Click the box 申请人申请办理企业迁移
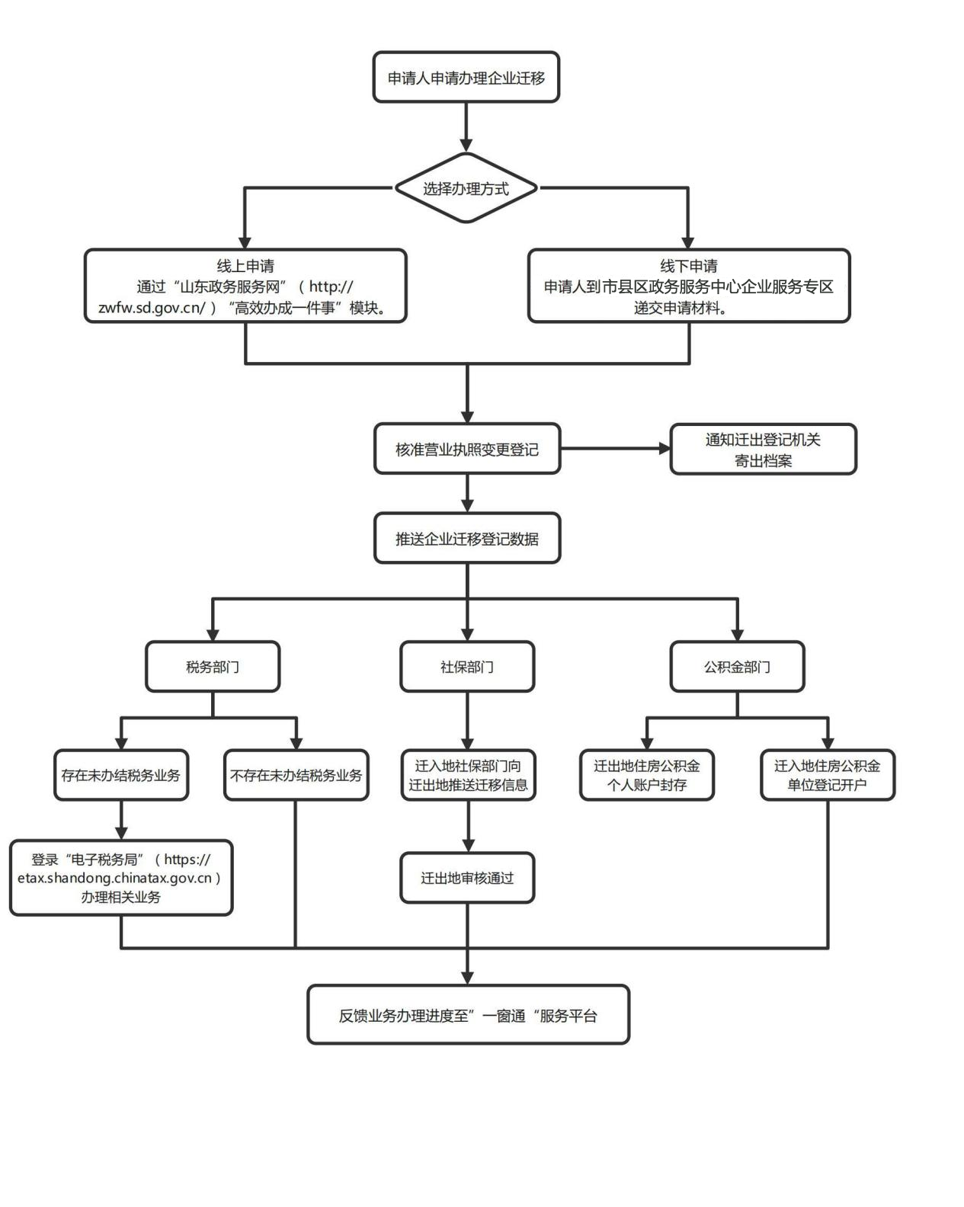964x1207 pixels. click(x=466, y=78)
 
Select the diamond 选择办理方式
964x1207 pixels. click(x=466, y=189)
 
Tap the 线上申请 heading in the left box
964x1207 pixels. click(x=245, y=266)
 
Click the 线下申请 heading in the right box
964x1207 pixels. click(x=689, y=266)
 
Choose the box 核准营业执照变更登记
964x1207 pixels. click(x=466, y=450)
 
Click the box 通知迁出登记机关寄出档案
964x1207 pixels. click(x=763, y=450)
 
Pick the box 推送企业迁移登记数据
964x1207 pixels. click(x=466, y=539)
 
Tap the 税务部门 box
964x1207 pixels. click(x=213, y=667)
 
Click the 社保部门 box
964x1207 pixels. click(x=466, y=667)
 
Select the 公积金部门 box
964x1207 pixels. click(x=737, y=667)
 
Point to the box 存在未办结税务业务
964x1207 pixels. click(x=121, y=776)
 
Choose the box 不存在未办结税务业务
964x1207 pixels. click(x=296, y=776)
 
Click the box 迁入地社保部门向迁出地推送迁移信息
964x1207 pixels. click(x=468, y=776)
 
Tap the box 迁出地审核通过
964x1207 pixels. click(x=467, y=878)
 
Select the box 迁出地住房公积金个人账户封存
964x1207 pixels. click(x=647, y=776)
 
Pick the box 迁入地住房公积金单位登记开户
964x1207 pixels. click(x=828, y=776)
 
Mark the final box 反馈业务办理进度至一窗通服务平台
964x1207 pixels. click(x=468, y=1015)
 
